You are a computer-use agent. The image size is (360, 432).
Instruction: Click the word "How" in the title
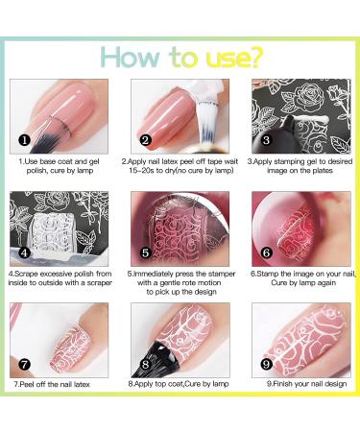coord(131,57)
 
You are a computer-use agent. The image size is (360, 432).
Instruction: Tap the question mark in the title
coord(255,57)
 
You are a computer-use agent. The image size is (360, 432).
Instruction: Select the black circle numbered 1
coord(25,140)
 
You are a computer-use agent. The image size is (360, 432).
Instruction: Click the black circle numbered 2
coord(145,140)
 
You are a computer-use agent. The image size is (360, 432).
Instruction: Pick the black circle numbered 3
coord(266,140)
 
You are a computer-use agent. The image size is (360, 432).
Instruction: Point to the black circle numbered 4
coord(25,252)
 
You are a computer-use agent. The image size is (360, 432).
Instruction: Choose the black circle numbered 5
coord(145,252)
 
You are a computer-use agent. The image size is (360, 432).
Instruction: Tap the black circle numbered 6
coord(266,252)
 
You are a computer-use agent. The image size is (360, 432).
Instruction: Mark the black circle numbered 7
coord(25,364)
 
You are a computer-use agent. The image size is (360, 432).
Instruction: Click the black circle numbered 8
coord(145,364)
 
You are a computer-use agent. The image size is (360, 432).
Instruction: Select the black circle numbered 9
coord(266,364)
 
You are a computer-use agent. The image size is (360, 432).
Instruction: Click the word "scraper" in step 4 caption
coord(99,283)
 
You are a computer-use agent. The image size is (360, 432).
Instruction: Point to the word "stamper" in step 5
coord(222,274)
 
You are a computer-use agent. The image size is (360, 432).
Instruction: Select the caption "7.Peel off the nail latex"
coord(52,384)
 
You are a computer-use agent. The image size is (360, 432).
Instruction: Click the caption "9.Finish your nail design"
coord(306,384)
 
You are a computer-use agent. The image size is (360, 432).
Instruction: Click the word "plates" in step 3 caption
coord(322,171)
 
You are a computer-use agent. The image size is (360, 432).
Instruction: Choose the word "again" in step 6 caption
coord(325,283)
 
